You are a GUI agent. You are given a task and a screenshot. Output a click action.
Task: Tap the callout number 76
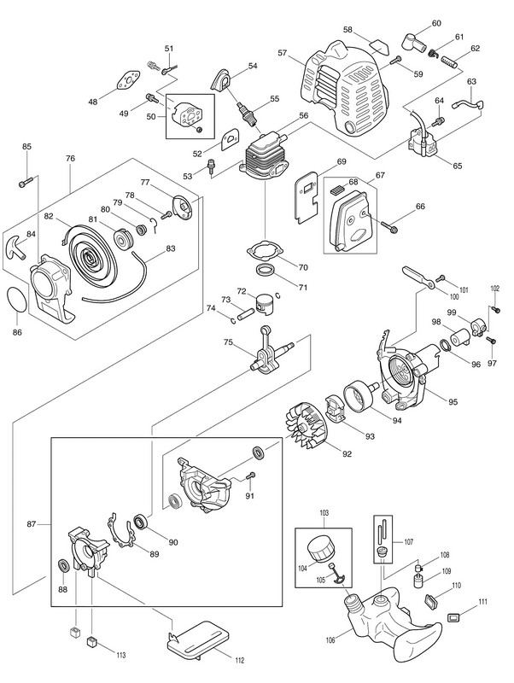(70, 159)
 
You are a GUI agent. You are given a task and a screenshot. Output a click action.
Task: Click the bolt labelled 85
(25, 181)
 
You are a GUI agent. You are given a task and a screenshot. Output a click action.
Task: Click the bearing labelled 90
(142, 522)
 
